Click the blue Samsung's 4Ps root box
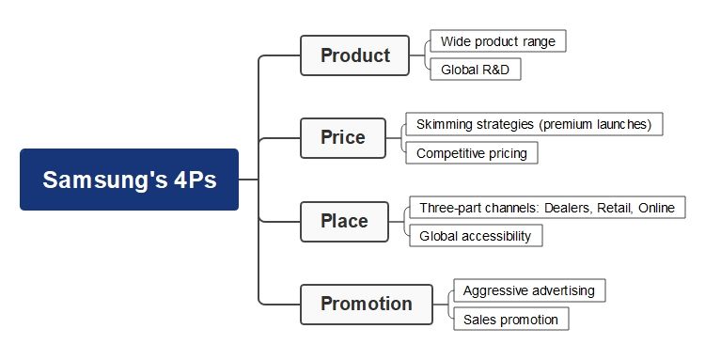tap(129, 180)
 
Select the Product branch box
tap(354, 55)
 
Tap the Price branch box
tap(342, 138)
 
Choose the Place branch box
tap(344, 221)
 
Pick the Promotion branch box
tap(366, 304)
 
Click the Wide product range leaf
tap(497, 41)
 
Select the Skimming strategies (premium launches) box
tap(534, 124)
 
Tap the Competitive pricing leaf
tap(471, 152)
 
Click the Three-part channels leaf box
tap(546, 208)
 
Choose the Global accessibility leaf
tap(475, 236)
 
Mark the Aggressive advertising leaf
tap(528, 290)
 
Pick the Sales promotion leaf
tap(510, 320)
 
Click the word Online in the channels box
tap(656, 208)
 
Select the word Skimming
tap(446, 124)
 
